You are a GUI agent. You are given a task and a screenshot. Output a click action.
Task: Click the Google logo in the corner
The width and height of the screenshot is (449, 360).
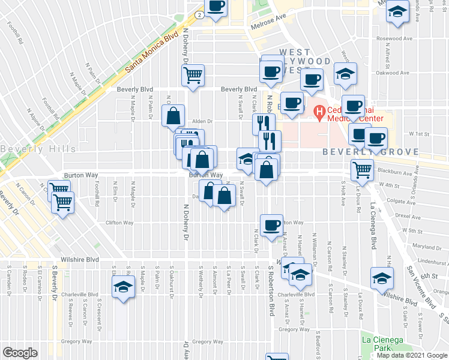click(20, 353)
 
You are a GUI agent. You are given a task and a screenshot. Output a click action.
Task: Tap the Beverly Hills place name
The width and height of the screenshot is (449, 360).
click(38, 149)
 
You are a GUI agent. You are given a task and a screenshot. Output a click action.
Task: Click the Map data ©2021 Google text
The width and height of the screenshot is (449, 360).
click(412, 355)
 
